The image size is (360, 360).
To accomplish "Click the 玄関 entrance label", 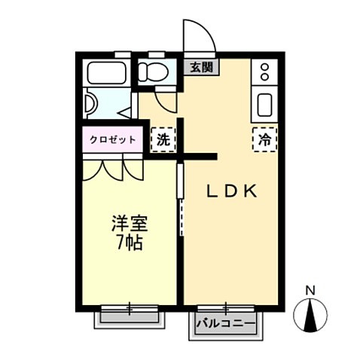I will [200, 66].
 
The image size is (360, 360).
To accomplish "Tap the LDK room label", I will [233, 191].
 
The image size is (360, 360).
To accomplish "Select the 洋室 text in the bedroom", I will [129, 224].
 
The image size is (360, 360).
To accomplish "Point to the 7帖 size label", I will [129, 243].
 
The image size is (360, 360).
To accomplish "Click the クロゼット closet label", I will [112, 139].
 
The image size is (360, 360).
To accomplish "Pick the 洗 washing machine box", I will [162, 139].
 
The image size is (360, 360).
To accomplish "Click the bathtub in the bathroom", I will [108, 73].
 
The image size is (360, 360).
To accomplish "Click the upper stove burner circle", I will [265, 67].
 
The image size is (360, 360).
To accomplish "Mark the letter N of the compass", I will [310, 290].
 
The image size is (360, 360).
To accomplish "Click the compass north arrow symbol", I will [310, 314].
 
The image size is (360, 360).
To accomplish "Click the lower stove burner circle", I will [265, 78].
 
